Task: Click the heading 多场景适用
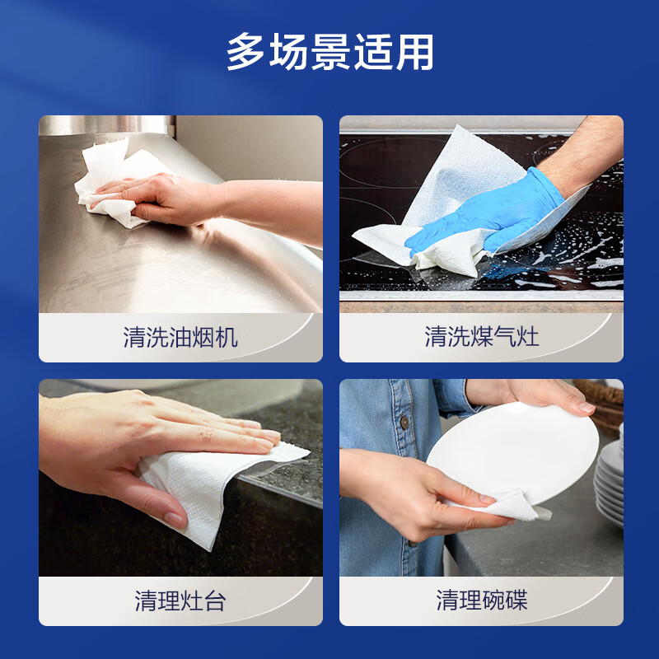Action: point(329,53)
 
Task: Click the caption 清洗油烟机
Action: point(180,337)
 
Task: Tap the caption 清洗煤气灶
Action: point(481,337)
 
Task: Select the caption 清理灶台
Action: point(180,601)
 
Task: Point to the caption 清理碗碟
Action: point(481,601)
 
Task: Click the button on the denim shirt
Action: point(404,423)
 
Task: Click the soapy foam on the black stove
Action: point(568,255)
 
